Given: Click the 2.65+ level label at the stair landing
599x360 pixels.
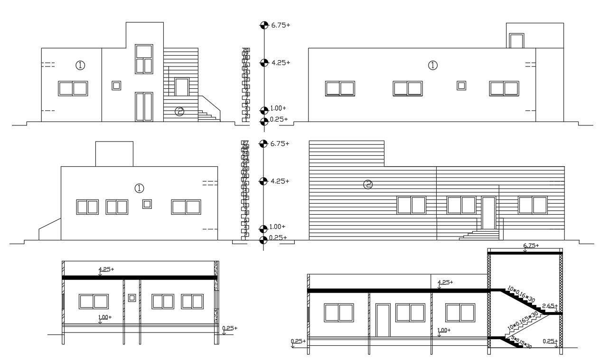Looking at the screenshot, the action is [x=549, y=306].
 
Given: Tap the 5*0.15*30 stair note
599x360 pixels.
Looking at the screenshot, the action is [x=521, y=341].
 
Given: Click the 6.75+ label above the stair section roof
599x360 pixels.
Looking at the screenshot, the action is [x=531, y=246].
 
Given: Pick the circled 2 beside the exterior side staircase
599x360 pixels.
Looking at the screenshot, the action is [x=179, y=112].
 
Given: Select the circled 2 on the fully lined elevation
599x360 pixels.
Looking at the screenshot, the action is [x=368, y=185].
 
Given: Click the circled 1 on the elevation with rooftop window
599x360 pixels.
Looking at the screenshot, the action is [x=432, y=66].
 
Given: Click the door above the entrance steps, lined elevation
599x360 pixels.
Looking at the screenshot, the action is [x=488, y=213].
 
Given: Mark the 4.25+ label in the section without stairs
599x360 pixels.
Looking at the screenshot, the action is [x=106, y=269].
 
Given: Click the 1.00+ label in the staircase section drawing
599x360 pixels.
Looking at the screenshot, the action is [x=444, y=330].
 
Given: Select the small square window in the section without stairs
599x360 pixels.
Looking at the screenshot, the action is [x=132, y=298].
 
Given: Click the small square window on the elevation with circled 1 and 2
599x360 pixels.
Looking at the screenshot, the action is [x=116, y=85].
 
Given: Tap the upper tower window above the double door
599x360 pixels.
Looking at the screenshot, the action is [x=144, y=59].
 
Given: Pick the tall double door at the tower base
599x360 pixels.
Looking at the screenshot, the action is [x=144, y=106].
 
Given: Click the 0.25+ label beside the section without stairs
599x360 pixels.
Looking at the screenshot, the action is [x=229, y=328].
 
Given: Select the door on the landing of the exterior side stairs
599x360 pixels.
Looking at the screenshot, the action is [x=181, y=87].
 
